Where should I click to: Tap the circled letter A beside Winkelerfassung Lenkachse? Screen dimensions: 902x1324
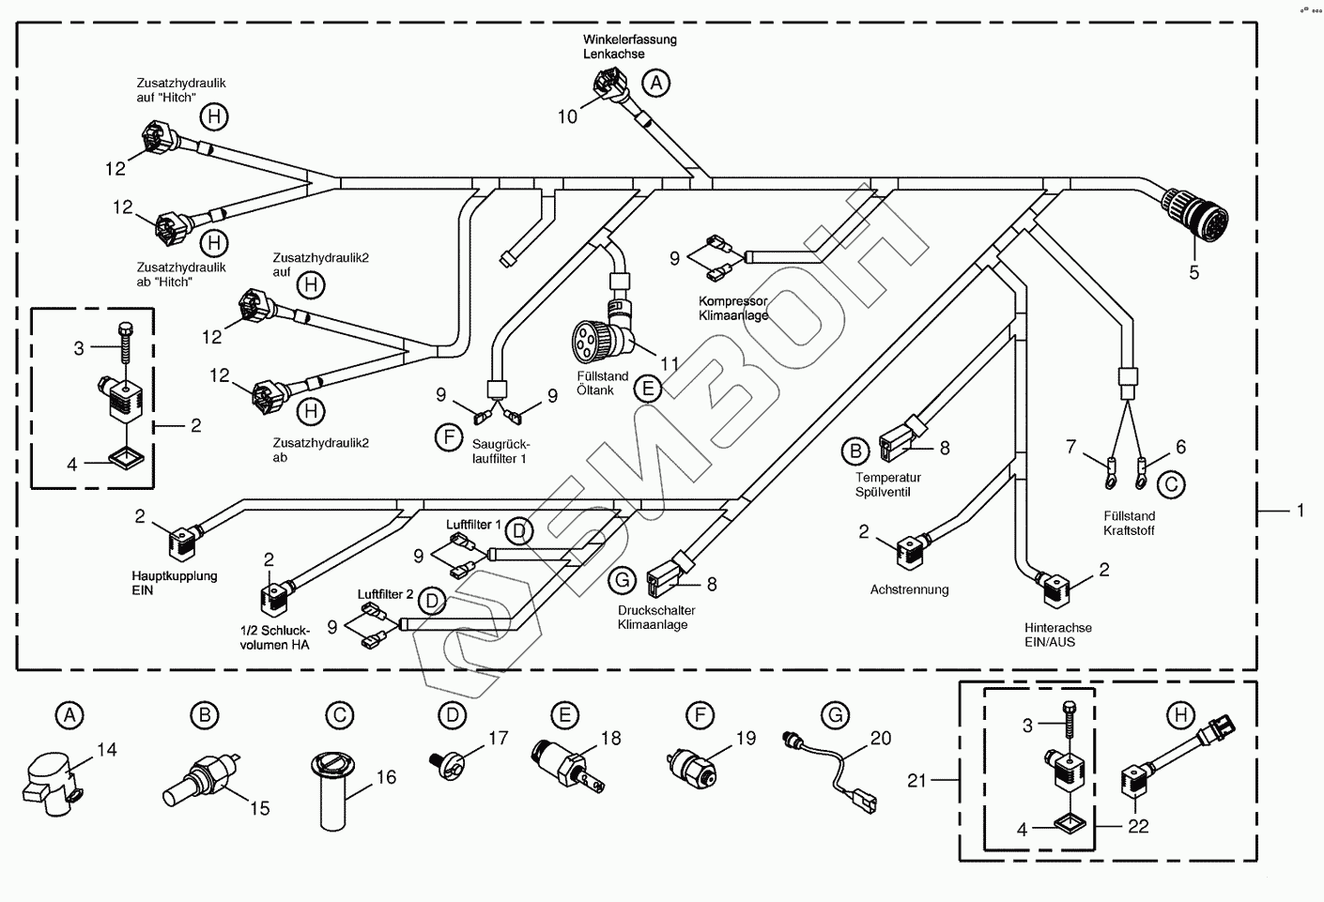[656, 84]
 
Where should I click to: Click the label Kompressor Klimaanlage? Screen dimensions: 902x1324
[733, 309]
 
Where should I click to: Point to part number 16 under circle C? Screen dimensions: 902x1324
[386, 777]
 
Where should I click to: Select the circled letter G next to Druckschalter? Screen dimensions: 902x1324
[623, 581]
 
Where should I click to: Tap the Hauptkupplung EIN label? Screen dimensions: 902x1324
[175, 583]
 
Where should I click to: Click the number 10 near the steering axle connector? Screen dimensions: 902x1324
[568, 116]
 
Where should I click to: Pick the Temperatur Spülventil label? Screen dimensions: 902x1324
[883, 485]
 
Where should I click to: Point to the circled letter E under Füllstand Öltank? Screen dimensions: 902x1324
[647, 388]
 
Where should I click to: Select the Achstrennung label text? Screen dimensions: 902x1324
[909, 589]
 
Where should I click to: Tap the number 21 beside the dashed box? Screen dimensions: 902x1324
[917, 780]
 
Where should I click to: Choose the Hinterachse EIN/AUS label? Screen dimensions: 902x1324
[1058, 634]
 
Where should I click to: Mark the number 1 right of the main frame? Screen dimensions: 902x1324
[1301, 511]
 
